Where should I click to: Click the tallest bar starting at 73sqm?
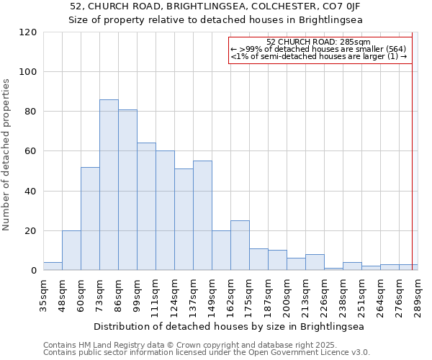109,185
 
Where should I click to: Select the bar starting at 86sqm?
127,190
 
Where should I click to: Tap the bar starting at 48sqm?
71,251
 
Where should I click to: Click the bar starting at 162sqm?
240,246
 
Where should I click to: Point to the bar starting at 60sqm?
90,219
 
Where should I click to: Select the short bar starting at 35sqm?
53,266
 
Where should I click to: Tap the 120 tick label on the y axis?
28,32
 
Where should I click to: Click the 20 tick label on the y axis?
31,231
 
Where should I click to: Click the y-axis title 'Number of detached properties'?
6,155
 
